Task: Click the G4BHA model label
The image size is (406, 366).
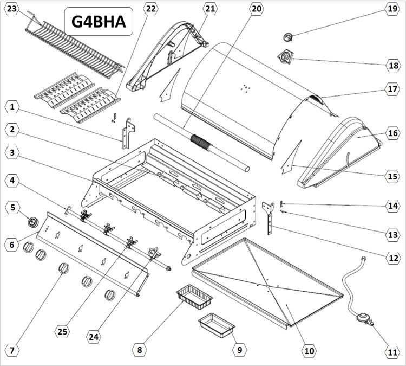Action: click(x=98, y=22)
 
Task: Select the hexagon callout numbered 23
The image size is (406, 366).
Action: click(x=12, y=9)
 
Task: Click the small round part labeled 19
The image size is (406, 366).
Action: click(x=288, y=37)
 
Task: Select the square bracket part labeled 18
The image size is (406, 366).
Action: click(x=285, y=57)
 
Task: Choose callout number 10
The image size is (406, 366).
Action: click(x=309, y=351)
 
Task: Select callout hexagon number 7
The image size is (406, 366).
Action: click(x=12, y=351)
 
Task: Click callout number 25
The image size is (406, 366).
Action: click(x=63, y=331)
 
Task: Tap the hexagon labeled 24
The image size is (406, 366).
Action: click(x=94, y=337)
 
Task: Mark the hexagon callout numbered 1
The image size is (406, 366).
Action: click(x=12, y=107)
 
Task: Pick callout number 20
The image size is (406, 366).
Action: click(x=257, y=9)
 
